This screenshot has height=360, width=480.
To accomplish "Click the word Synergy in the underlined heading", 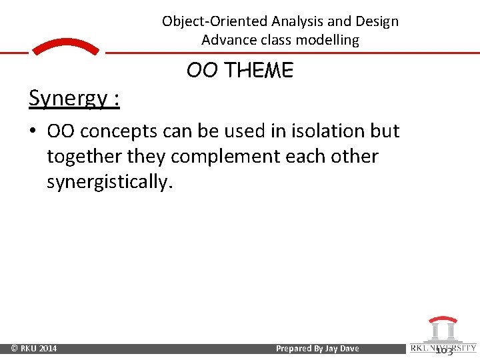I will (68, 98).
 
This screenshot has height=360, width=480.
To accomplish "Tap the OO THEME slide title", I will (239, 70).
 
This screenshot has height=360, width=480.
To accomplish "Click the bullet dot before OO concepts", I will (33, 131).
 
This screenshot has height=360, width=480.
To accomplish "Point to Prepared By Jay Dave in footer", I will (317, 349).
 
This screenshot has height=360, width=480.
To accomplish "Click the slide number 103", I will (443, 350).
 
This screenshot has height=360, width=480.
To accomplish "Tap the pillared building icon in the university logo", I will (441, 329).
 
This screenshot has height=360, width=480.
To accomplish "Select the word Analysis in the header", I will (297, 21).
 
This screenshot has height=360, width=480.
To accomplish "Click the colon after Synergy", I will (116, 99).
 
